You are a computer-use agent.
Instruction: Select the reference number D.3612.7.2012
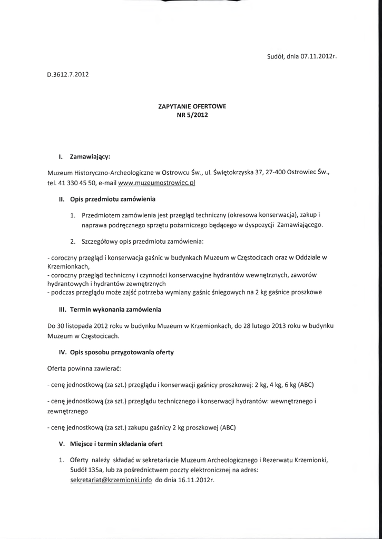point(68,74)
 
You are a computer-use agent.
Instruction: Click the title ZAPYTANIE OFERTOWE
point(192,106)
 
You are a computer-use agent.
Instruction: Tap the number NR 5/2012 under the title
point(192,115)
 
